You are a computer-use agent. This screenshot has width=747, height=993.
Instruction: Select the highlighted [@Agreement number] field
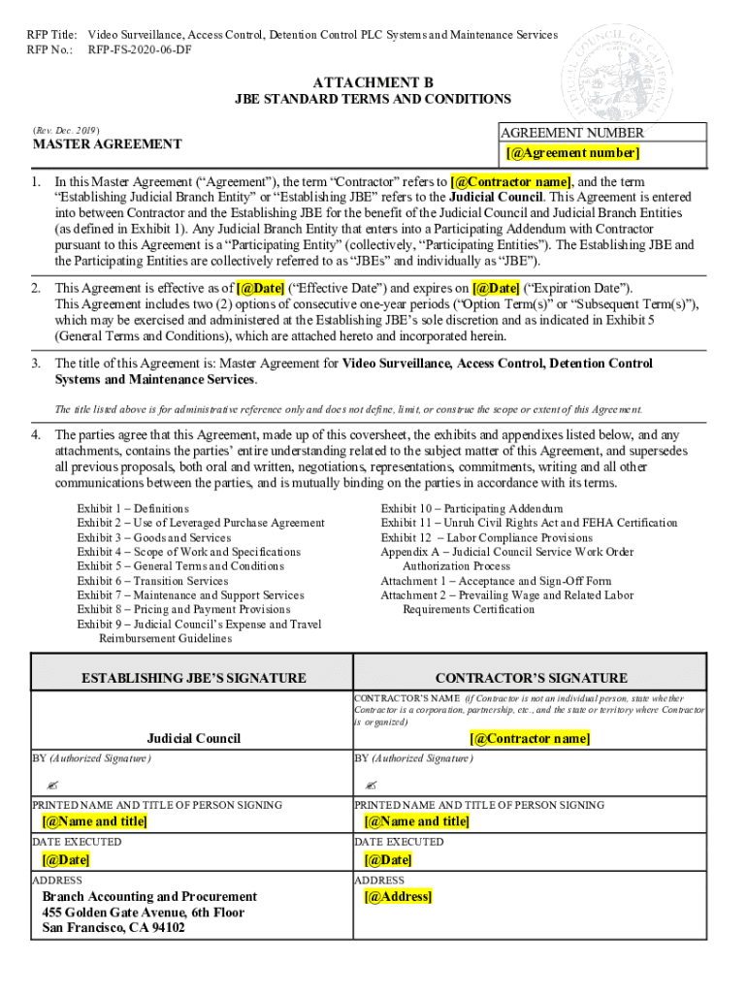(572, 153)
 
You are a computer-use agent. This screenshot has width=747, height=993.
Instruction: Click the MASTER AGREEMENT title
(107, 144)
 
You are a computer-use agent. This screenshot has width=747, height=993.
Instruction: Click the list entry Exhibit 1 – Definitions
(134, 508)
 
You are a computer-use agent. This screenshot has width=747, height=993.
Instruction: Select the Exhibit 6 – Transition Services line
(153, 581)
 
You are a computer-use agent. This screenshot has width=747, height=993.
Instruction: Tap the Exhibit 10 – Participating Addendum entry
(471, 508)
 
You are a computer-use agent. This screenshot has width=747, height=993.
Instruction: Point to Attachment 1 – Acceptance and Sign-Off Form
(496, 581)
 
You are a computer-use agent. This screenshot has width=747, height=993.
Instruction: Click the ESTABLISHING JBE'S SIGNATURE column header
(193, 678)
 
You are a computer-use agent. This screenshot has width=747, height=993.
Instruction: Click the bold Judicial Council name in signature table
(193, 738)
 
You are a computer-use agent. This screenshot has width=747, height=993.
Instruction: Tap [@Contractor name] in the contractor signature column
(530, 738)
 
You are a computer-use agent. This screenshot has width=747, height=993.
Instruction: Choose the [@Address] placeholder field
(397, 896)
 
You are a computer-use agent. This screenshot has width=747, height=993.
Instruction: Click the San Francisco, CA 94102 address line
(114, 928)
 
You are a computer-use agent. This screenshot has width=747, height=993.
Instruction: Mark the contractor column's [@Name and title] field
(416, 821)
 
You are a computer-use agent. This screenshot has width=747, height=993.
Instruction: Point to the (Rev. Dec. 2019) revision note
(66, 129)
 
